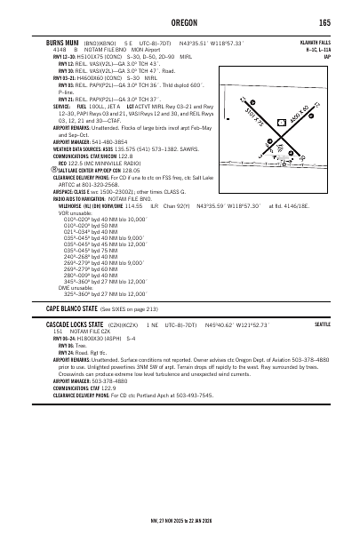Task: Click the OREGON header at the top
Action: tap(180, 22)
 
